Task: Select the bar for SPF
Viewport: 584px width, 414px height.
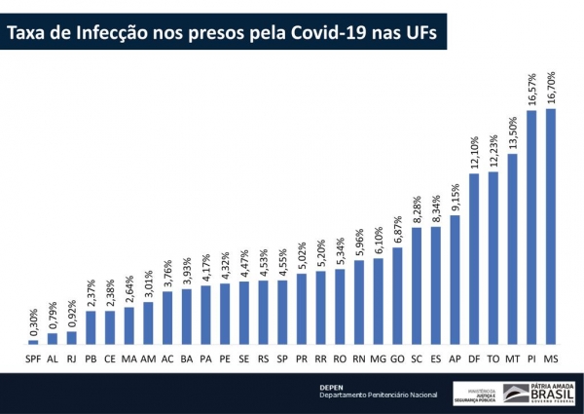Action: coord(33,342)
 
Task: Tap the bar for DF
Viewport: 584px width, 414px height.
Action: coord(474,260)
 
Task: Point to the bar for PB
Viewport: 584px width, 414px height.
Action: coord(91,327)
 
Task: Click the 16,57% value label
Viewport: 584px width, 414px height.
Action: coord(531,87)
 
